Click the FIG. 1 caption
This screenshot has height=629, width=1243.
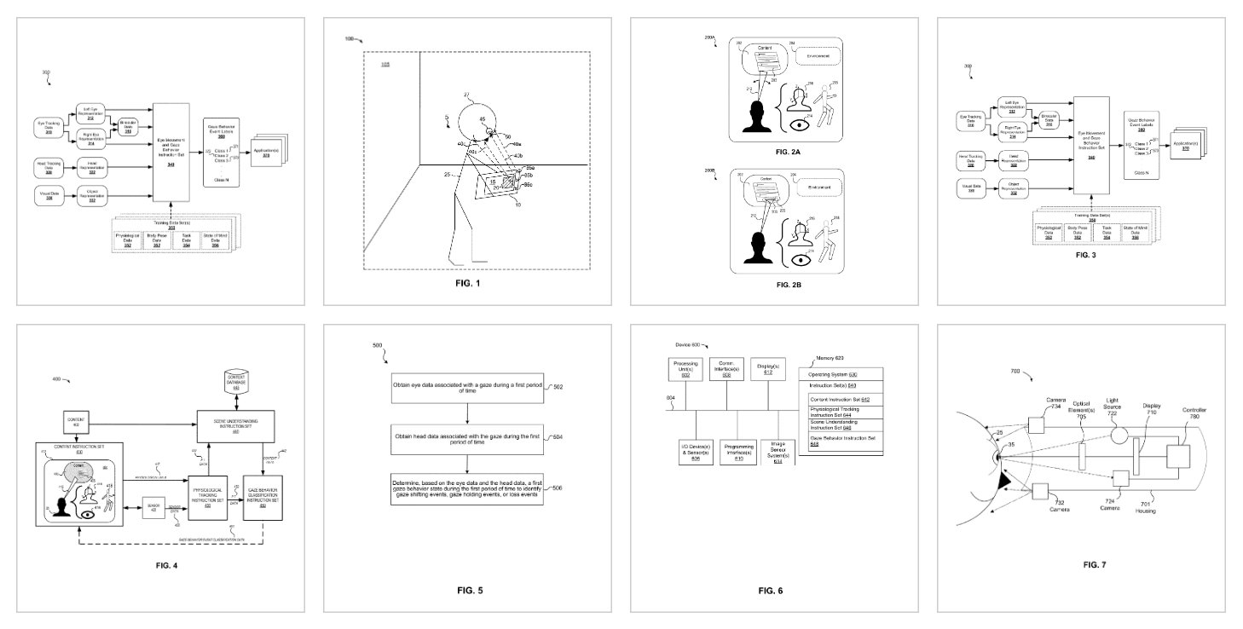click(465, 282)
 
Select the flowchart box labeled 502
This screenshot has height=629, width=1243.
click(466, 388)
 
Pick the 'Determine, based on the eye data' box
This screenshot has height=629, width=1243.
click(466, 489)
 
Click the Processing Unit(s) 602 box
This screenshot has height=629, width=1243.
click(685, 369)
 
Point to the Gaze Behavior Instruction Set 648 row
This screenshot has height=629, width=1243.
click(841, 440)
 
